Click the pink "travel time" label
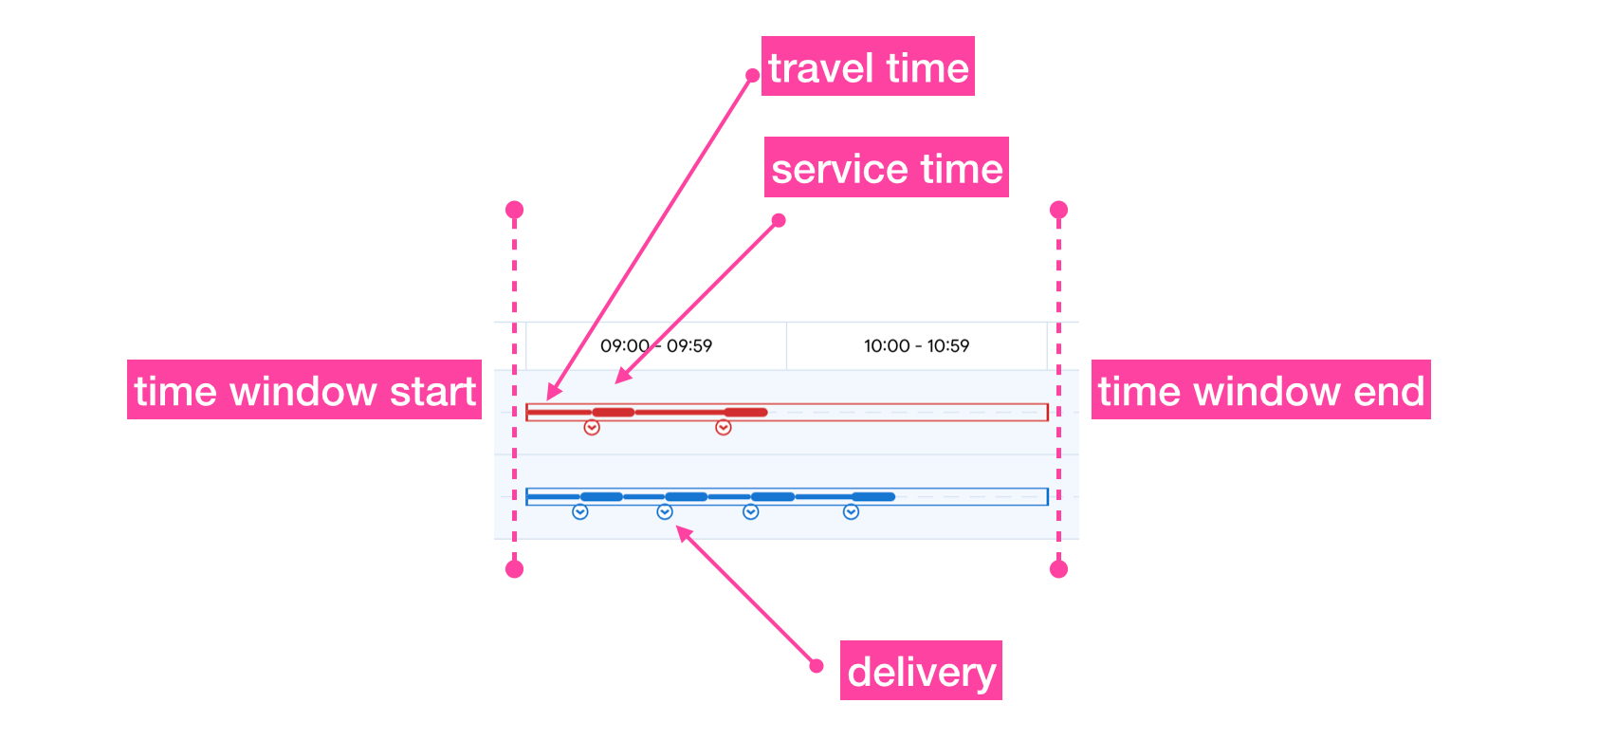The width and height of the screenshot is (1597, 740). (868, 66)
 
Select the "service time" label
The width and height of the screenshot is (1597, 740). (886, 168)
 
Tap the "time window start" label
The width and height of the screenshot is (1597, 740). (304, 390)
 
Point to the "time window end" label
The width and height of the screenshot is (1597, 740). (1260, 390)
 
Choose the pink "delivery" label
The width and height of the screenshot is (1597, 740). (921, 671)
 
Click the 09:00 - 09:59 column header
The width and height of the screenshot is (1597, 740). (656, 346)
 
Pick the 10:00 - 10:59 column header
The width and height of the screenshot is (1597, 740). (916, 346)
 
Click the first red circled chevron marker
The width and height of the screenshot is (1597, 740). (592, 428)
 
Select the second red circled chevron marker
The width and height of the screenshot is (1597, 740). (724, 428)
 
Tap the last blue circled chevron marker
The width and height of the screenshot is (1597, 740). (852, 512)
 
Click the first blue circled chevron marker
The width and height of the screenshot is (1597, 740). (580, 512)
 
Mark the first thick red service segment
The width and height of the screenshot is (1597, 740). (614, 412)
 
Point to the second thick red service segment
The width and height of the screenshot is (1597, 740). (745, 412)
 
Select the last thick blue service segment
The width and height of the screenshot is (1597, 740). (873, 496)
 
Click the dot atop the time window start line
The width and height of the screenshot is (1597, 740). (514, 210)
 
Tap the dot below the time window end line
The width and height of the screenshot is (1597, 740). (1059, 569)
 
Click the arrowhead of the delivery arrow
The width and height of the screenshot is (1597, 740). (680, 532)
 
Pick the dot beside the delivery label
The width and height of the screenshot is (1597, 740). (817, 666)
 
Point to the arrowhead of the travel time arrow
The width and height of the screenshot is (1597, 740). (551, 396)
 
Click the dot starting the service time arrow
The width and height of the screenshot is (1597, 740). (779, 220)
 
